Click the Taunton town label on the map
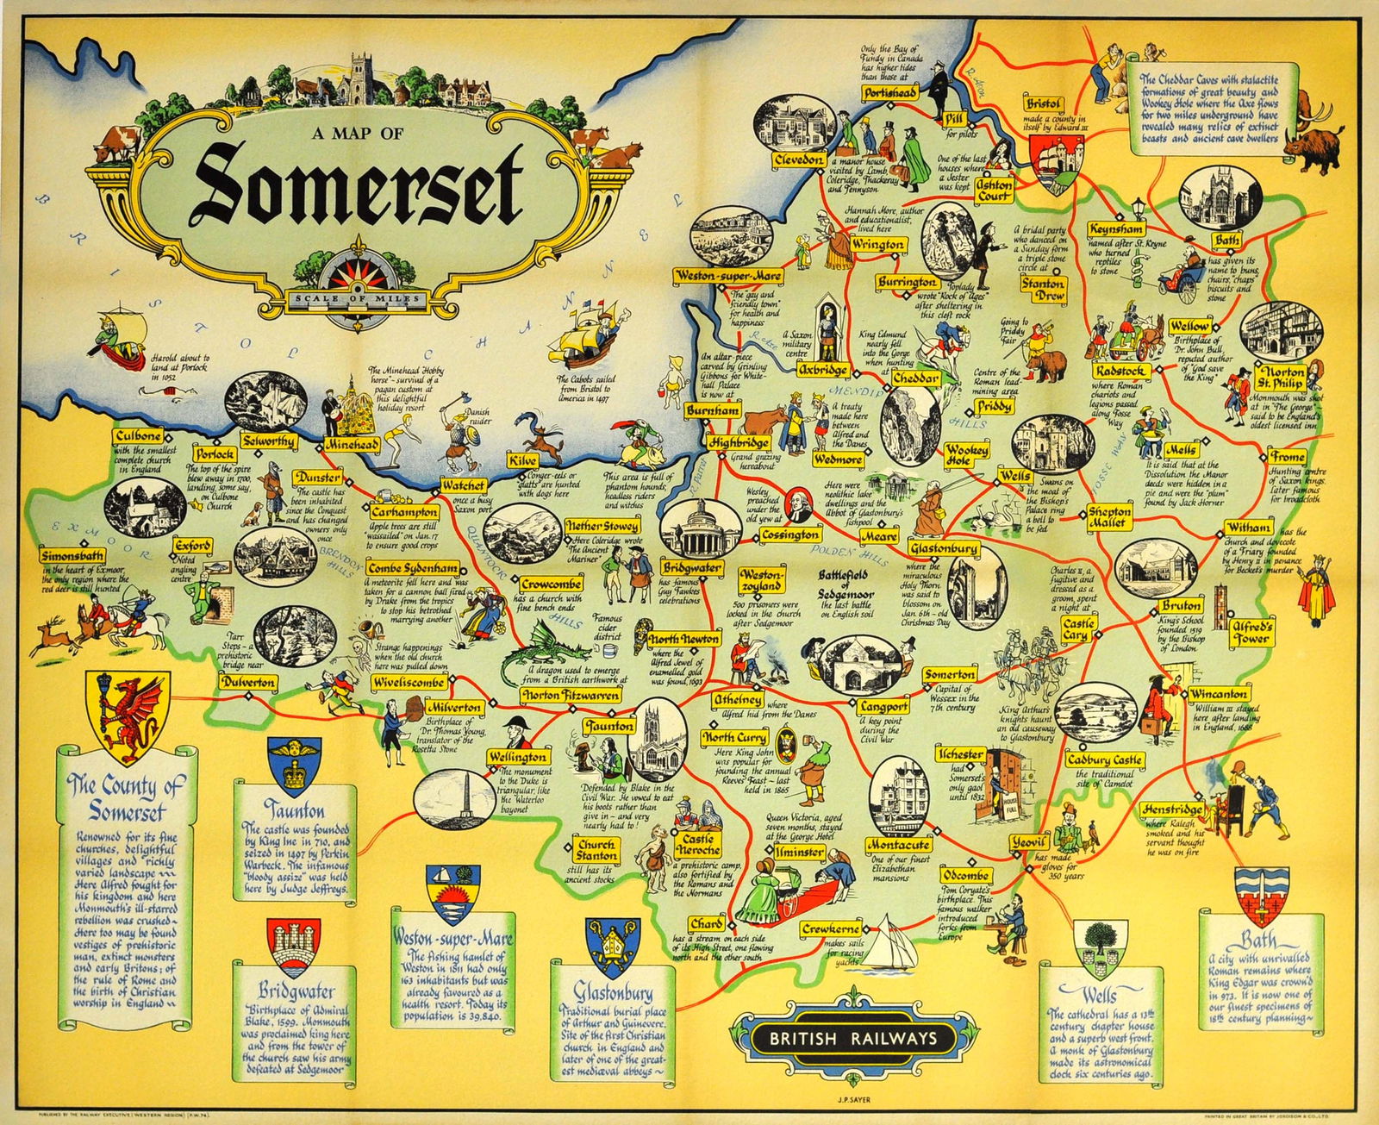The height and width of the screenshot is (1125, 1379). (x=610, y=727)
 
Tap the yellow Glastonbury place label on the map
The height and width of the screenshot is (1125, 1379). (x=944, y=549)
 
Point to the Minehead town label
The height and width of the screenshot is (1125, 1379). (x=350, y=445)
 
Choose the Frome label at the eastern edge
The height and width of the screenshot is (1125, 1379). (x=1287, y=457)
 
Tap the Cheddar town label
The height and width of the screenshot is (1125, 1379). (x=914, y=378)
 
